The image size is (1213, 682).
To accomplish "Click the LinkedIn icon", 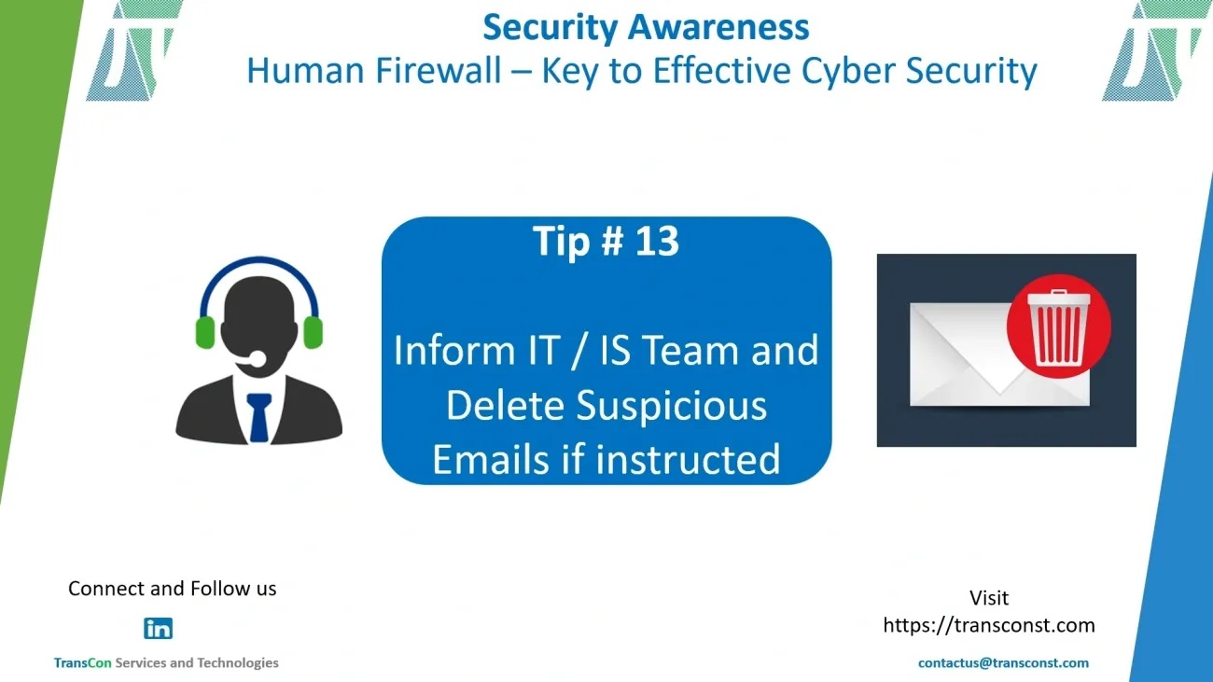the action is point(158,629).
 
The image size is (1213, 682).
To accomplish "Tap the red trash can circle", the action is point(1059,327).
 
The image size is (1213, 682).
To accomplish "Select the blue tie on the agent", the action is point(258,417).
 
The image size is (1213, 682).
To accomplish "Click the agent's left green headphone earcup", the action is point(205,332).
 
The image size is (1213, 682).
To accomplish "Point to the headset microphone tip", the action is point(258,358).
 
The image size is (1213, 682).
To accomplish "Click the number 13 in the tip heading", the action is point(657,241).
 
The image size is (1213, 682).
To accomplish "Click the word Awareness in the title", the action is point(718,27).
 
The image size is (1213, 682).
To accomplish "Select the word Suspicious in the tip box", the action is point(672,406).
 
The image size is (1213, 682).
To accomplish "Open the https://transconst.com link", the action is point(989,625).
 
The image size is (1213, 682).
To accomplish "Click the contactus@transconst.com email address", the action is point(1003,663).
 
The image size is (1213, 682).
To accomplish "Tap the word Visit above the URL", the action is point(989,598).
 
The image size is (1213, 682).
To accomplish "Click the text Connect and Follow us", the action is point(173,589).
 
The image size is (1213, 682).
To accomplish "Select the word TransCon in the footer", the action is point(82,662).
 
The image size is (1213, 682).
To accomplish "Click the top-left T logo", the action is point(132,50).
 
